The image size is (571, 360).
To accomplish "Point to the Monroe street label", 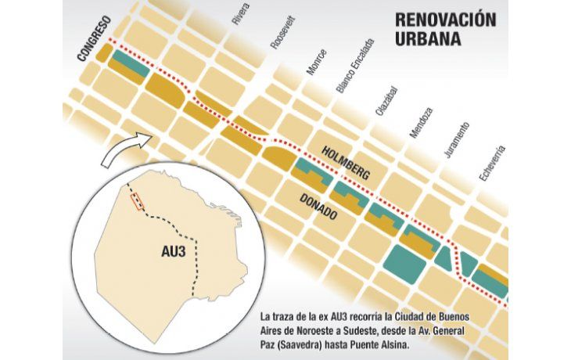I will [x=317, y=62].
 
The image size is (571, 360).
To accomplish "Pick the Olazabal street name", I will [x=382, y=101].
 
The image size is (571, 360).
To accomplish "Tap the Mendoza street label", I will [x=420, y=122].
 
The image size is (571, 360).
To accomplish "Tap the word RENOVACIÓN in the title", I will [x=445, y=20].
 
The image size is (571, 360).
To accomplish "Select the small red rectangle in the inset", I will [x=138, y=201].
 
